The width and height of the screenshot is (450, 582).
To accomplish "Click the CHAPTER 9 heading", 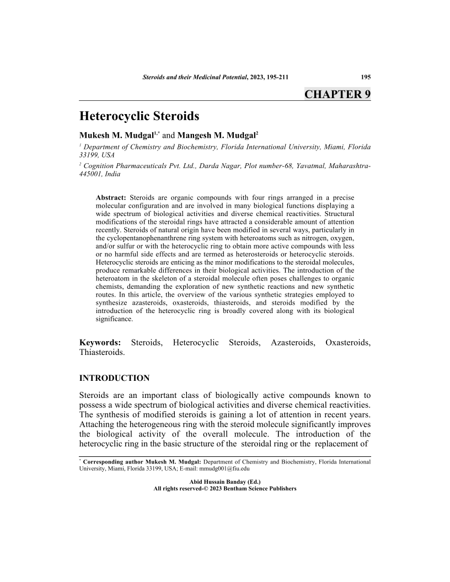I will click(337, 94).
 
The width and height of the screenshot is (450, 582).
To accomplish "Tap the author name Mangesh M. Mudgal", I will click(217, 135).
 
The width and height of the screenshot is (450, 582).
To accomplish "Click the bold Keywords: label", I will click(100, 343).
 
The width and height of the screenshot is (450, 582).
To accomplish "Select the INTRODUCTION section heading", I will click(115, 378).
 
